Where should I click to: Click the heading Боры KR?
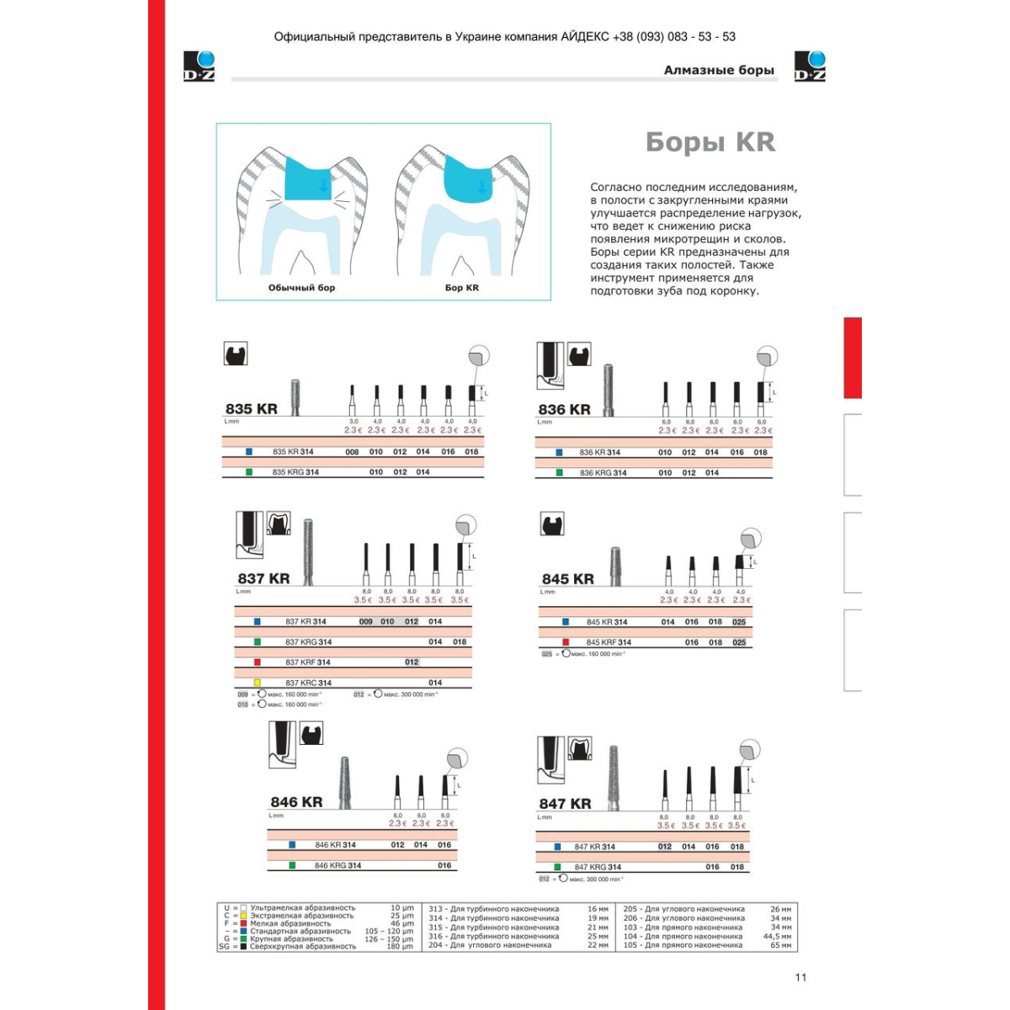(x=710, y=142)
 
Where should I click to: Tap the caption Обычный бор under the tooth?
(x=301, y=288)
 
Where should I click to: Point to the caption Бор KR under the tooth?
(x=461, y=288)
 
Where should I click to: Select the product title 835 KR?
(x=251, y=409)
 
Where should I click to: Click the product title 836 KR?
(x=564, y=410)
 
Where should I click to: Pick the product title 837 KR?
(x=263, y=579)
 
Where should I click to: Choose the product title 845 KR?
(x=567, y=579)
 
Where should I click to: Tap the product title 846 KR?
(x=296, y=803)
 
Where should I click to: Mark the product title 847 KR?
(x=565, y=804)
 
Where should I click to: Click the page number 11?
(x=800, y=977)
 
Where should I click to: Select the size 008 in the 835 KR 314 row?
(x=352, y=452)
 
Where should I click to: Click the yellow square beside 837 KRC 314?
(x=258, y=683)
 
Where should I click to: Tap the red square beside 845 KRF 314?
(x=566, y=642)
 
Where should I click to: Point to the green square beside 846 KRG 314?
(x=292, y=865)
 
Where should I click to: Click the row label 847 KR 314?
(x=594, y=847)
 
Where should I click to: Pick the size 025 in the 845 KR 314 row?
(x=739, y=622)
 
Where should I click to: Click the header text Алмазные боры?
(x=719, y=70)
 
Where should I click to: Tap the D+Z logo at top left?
(x=199, y=66)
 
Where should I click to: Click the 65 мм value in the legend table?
(x=780, y=945)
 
